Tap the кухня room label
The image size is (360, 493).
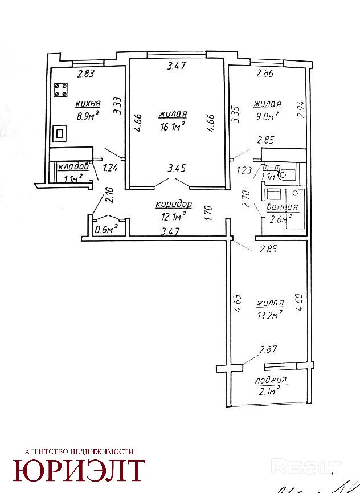coord(88,104)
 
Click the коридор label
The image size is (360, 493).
coord(174,204)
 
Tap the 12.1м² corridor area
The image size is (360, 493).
coord(174,216)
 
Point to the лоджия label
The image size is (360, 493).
coord(271,380)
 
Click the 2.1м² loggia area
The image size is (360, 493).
coord(269,390)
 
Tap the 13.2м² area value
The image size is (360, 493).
coord(271,315)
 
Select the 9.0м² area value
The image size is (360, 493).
coord(267,116)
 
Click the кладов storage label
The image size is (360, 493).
coord(73,166)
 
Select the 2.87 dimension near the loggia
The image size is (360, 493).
coord(268,350)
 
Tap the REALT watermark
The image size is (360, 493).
coord(294,467)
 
